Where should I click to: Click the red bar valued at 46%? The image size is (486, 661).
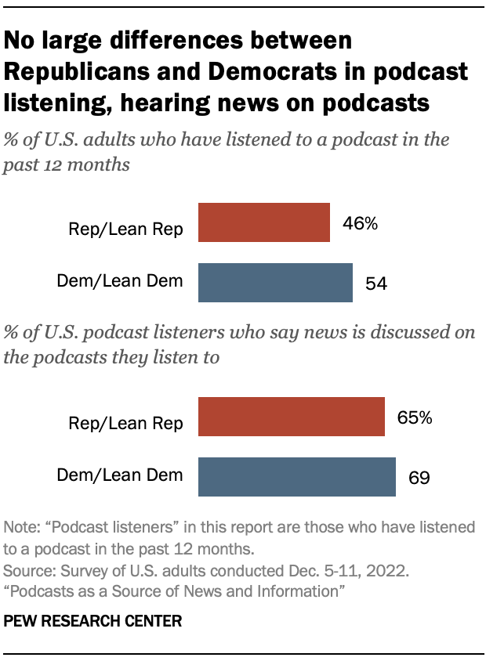[x=264, y=222]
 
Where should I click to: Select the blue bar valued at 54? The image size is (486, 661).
[x=275, y=283]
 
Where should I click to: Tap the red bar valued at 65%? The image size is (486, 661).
[x=292, y=417]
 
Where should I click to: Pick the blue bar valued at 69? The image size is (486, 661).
[x=297, y=477]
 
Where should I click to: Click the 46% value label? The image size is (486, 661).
[x=360, y=224]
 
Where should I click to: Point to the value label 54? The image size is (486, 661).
[x=377, y=284]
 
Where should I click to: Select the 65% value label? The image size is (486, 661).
[x=414, y=417]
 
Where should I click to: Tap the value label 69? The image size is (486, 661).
[x=419, y=478]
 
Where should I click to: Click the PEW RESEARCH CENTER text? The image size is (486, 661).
[x=92, y=621]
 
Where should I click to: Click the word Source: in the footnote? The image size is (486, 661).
[x=28, y=564]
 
